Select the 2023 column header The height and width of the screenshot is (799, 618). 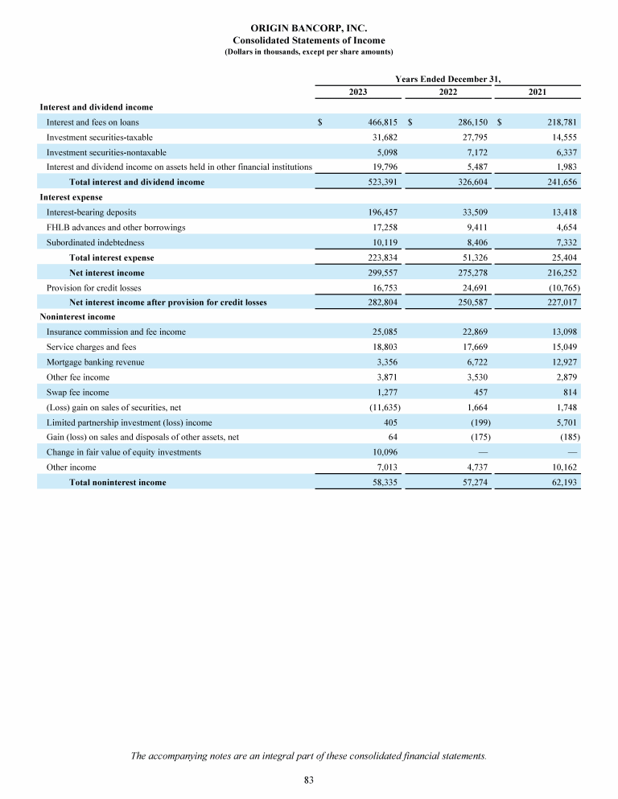pyautogui.click(x=358, y=93)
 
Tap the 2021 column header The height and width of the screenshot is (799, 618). pyautogui.click(x=538, y=93)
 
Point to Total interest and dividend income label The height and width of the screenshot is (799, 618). pyautogui.click(x=137, y=183)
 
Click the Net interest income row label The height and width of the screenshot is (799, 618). pyautogui.click(x=107, y=273)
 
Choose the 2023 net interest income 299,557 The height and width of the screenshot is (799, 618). pyautogui.click(x=382, y=273)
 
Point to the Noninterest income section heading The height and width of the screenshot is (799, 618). pyautogui.click(x=77, y=317)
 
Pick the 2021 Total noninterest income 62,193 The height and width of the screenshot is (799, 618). pyautogui.click(x=561, y=483)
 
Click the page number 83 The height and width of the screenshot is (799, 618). pyautogui.click(x=309, y=780)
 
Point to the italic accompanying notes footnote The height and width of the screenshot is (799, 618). pyautogui.click(x=309, y=755)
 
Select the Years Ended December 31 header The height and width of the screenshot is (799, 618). pyautogui.click(x=447, y=78)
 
